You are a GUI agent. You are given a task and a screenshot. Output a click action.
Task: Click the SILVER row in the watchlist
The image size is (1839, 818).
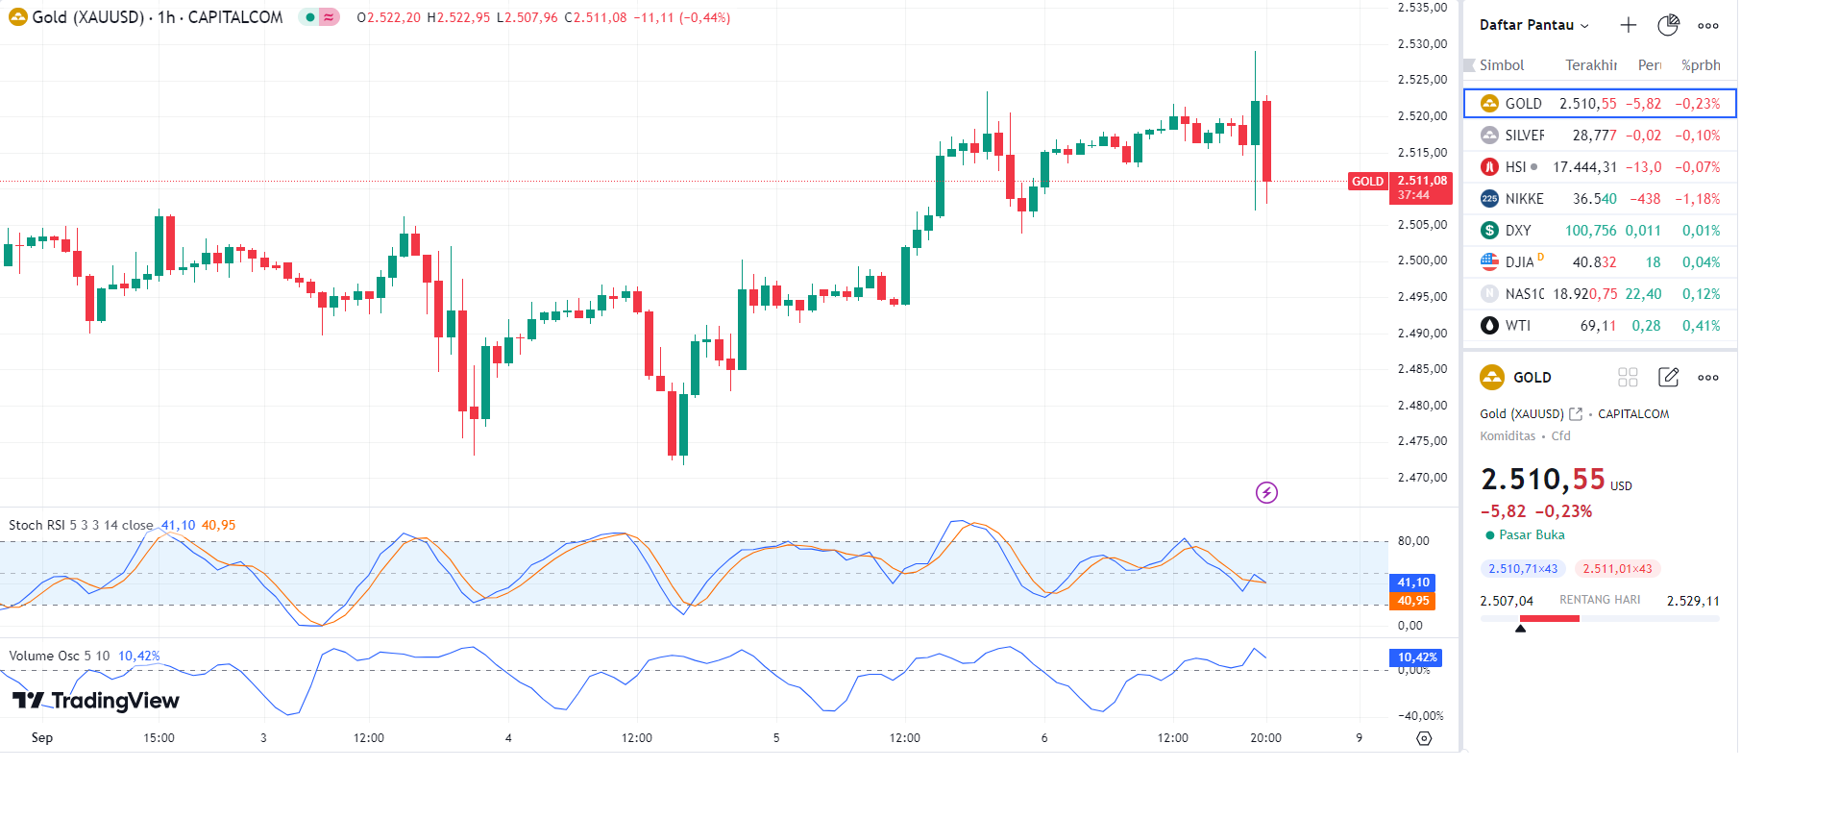pyautogui.click(x=1599, y=136)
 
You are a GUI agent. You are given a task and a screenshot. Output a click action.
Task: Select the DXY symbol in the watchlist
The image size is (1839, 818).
pyautogui.click(x=1518, y=231)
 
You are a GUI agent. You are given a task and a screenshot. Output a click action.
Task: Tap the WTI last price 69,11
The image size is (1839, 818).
pyautogui.click(x=1598, y=326)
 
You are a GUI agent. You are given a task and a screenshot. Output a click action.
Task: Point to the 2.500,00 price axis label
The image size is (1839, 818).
pyautogui.click(x=1422, y=260)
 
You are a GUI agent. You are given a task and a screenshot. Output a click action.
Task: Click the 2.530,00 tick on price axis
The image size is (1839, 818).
pyautogui.click(x=1422, y=44)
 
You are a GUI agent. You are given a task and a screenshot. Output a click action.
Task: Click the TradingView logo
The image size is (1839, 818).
pyautogui.click(x=96, y=701)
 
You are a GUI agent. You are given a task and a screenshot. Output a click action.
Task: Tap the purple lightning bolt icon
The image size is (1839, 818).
pyautogui.click(x=1266, y=493)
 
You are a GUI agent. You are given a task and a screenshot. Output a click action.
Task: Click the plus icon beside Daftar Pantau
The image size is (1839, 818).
pyautogui.click(x=1628, y=25)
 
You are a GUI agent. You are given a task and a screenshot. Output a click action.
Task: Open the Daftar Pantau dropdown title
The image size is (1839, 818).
pyautogui.click(x=1533, y=25)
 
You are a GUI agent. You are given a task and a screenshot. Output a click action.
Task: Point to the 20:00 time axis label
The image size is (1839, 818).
pyautogui.click(x=1265, y=738)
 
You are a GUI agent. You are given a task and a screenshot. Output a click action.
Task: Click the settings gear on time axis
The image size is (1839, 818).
pyautogui.click(x=1424, y=738)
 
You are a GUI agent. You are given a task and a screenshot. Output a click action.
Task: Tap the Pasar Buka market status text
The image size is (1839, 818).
pyautogui.click(x=1531, y=535)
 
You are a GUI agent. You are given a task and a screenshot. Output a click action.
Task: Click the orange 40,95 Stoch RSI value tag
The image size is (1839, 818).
pyautogui.click(x=1412, y=601)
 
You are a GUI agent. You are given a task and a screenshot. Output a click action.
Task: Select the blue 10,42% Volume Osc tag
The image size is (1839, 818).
pyautogui.click(x=1416, y=657)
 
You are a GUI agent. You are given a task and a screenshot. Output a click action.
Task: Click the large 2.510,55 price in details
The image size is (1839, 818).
pyautogui.click(x=1542, y=480)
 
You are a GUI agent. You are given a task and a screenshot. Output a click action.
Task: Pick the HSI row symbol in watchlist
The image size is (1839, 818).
pyautogui.click(x=1515, y=167)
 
